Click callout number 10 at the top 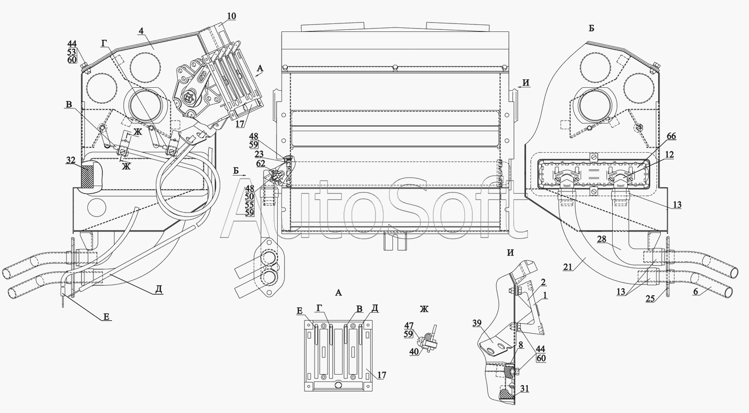231,16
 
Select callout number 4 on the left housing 142,31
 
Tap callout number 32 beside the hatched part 71,161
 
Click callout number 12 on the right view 669,155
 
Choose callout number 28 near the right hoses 602,240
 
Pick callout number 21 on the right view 567,267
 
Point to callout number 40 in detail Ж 413,352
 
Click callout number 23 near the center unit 259,154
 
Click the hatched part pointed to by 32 89,177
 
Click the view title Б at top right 591,28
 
